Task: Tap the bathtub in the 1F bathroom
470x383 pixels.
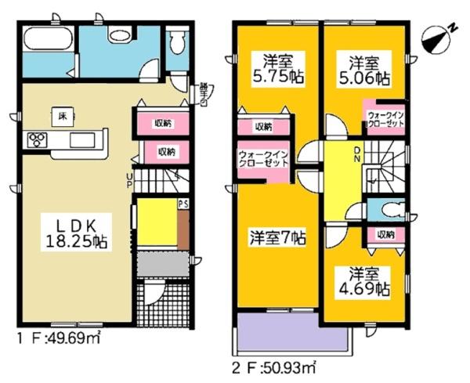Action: click(48, 38)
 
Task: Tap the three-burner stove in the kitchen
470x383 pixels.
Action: click(37, 140)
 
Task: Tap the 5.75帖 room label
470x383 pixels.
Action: click(278, 69)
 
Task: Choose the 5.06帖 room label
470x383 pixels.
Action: click(365, 69)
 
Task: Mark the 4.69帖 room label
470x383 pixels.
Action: click(366, 282)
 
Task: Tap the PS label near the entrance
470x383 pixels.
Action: click(183, 204)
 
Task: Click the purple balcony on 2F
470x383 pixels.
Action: click(291, 334)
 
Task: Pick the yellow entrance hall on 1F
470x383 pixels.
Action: click(156, 224)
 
